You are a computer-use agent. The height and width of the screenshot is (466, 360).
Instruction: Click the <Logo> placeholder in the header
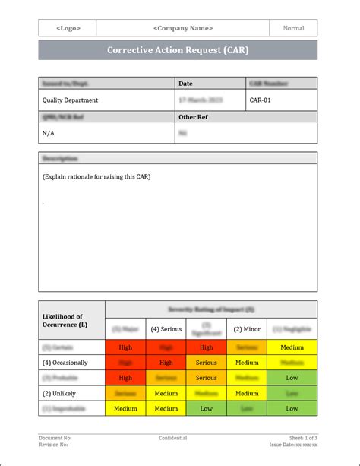pos(68,28)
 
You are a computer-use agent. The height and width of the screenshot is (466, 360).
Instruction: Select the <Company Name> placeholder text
pos(182,28)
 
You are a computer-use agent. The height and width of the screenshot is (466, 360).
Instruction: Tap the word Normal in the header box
pos(293,28)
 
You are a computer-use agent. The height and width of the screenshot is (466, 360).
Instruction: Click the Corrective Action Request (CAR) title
pos(178,50)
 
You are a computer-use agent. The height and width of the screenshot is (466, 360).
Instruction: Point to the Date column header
pos(186,83)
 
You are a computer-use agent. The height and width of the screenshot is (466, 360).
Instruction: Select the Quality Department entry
pos(70,100)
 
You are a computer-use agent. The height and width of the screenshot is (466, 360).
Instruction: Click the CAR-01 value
pos(261,100)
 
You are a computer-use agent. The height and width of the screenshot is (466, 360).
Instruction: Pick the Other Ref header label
pos(193,117)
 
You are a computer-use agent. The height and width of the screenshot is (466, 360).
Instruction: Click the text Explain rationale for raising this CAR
pos(96,177)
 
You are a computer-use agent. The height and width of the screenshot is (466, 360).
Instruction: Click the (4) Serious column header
pos(166,329)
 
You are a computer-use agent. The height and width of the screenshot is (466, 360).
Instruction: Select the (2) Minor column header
pos(247,329)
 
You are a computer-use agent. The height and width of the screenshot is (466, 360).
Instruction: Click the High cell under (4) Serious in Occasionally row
pos(166,363)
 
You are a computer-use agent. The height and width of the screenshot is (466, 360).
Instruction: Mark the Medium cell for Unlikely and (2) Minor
pos(247,393)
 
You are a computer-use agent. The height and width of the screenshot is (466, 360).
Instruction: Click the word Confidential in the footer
pos(173,438)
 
